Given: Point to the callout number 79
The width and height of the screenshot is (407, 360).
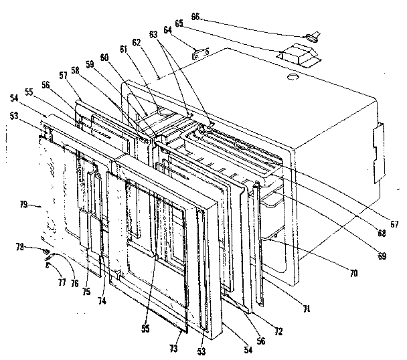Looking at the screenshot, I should tap(23, 205).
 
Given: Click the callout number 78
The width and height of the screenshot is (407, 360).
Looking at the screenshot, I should tap(22, 248).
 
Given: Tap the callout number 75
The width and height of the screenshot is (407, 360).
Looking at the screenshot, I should tap(86, 292).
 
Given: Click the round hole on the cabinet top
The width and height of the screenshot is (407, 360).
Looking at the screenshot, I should tap(292, 78).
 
